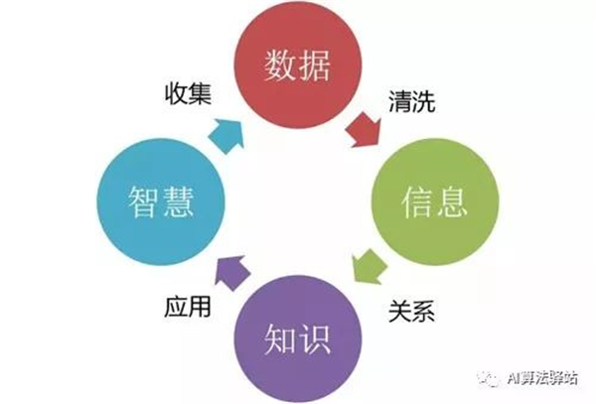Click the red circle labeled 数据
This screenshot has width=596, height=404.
pyautogui.click(x=298, y=65)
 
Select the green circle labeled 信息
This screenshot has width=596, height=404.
pyautogui.click(x=434, y=202)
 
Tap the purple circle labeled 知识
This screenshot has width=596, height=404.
pyautogui.click(x=298, y=338)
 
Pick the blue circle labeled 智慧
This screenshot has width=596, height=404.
pyautogui.click(x=161, y=202)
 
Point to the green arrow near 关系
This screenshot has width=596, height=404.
pyautogui.click(x=368, y=266)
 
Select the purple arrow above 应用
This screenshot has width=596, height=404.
pyautogui.click(x=231, y=273)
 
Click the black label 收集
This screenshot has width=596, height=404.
pyautogui.click(x=188, y=93)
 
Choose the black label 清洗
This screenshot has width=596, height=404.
pyautogui.click(x=411, y=101)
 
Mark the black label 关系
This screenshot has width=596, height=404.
pyautogui.click(x=411, y=311)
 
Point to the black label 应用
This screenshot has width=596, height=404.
pyautogui.click(x=188, y=306)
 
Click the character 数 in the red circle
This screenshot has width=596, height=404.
pyautogui.click(x=279, y=65)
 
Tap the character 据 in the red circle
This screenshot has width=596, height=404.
pyautogui.click(x=315, y=65)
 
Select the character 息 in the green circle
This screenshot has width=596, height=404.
pyautogui.click(x=452, y=202)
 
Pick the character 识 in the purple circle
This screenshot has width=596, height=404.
pyautogui.click(x=315, y=338)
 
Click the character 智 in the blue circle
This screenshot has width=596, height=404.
pyautogui.click(x=143, y=202)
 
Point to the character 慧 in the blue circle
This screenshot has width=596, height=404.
pyautogui.click(x=178, y=202)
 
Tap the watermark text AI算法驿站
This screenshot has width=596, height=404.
pyautogui.click(x=542, y=378)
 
